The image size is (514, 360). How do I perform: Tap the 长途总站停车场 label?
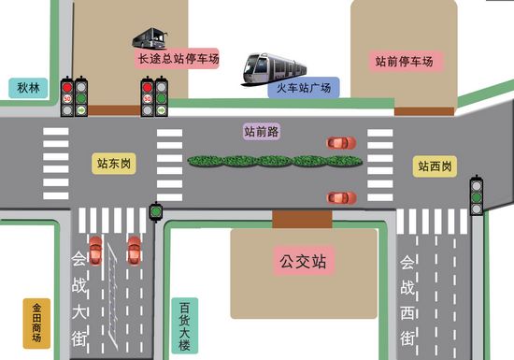point(178,59)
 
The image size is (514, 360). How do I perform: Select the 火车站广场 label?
point(302,89)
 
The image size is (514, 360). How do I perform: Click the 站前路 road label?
point(262,132)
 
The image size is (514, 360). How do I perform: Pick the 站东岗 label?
point(115,163)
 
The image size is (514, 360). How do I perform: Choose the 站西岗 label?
point(435,166)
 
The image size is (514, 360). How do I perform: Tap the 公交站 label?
point(303,260)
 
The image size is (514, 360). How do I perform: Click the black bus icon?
point(150,38)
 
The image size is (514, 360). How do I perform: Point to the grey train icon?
point(275,67)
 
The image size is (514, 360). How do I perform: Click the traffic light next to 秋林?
point(74,96)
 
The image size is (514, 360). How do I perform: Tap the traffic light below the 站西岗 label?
point(477,196)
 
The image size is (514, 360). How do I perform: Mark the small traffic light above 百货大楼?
point(156,211)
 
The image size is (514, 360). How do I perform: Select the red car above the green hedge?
point(341,143)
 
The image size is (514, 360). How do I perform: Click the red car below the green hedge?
point(341,197)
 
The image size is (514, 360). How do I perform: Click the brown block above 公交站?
point(302,219)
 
